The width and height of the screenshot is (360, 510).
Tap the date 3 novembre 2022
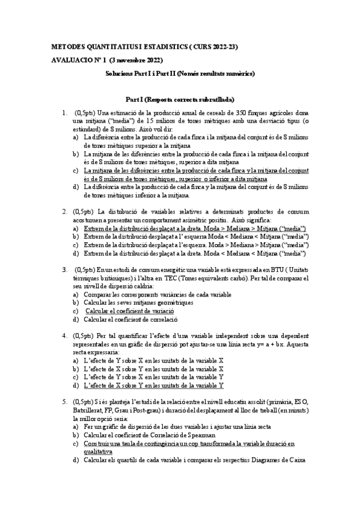(x=129, y=60)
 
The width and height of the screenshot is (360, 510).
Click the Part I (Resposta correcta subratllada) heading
(x=180, y=99)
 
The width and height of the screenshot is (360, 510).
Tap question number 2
(x=64, y=212)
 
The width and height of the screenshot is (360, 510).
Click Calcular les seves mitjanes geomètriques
(x=138, y=303)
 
